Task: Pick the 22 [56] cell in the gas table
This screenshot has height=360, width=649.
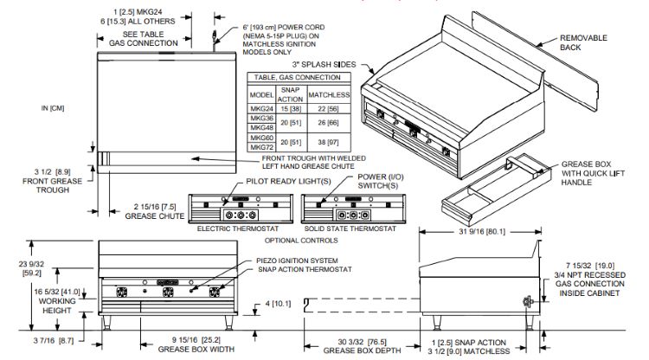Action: pyautogui.click(x=328, y=110)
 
